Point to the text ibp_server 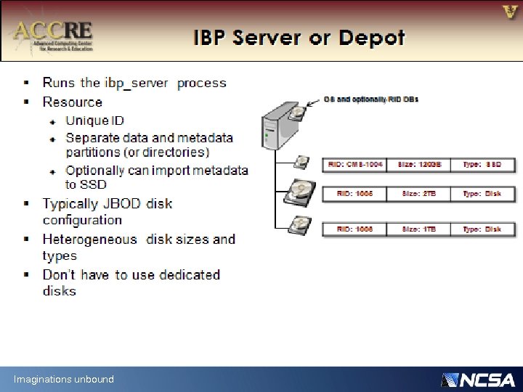(138, 83)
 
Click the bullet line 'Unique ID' (94, 121)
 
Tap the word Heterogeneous (89, 239)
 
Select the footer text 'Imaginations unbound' (63, 379)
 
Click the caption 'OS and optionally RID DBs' (370, 99)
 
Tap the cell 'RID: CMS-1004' (355, 165)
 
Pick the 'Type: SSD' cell (482, 165)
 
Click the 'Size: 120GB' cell (419, 165)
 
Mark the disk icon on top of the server (297, 114)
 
